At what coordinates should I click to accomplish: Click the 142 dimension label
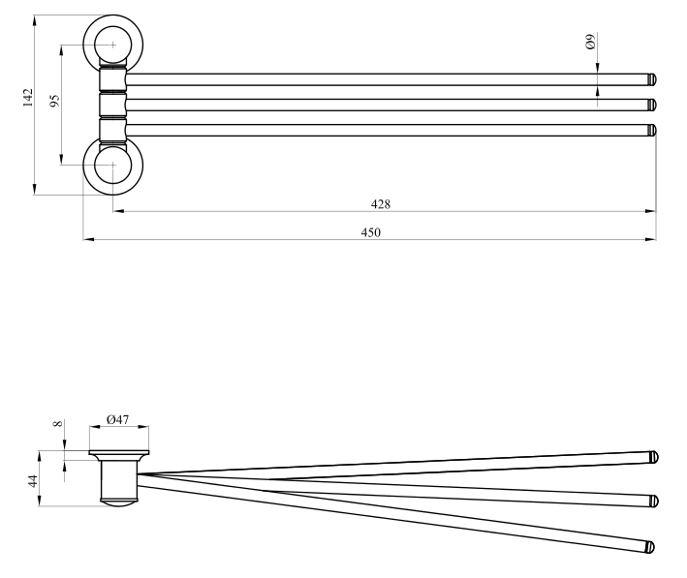coord(28,98)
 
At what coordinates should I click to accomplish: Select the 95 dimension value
coord(54,101)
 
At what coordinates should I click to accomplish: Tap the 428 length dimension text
coord(380,204)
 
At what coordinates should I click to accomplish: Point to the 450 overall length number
coord(371,232)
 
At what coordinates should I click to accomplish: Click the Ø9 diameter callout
coord(590,42)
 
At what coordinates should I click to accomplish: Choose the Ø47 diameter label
coord(118,419)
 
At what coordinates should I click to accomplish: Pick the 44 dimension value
coord(33,481)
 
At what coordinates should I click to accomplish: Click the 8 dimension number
coord(58,423)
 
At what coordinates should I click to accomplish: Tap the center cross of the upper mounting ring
coord(113,45)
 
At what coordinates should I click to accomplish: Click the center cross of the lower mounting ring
coord(113,166)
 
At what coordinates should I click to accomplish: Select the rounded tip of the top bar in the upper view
coord(652,79)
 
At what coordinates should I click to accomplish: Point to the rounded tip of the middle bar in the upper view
coord(652,106)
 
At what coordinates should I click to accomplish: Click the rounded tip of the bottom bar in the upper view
coord(652,130)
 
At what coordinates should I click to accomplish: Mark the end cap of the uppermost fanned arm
coord(654,457)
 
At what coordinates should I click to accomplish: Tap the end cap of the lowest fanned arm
coord(650,547)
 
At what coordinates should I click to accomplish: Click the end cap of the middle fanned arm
coord(654,501)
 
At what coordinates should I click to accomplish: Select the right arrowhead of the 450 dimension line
coord(650,239)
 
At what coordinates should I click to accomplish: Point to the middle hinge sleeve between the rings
coord(112,106)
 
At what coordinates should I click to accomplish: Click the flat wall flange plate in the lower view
coord(119,453)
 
